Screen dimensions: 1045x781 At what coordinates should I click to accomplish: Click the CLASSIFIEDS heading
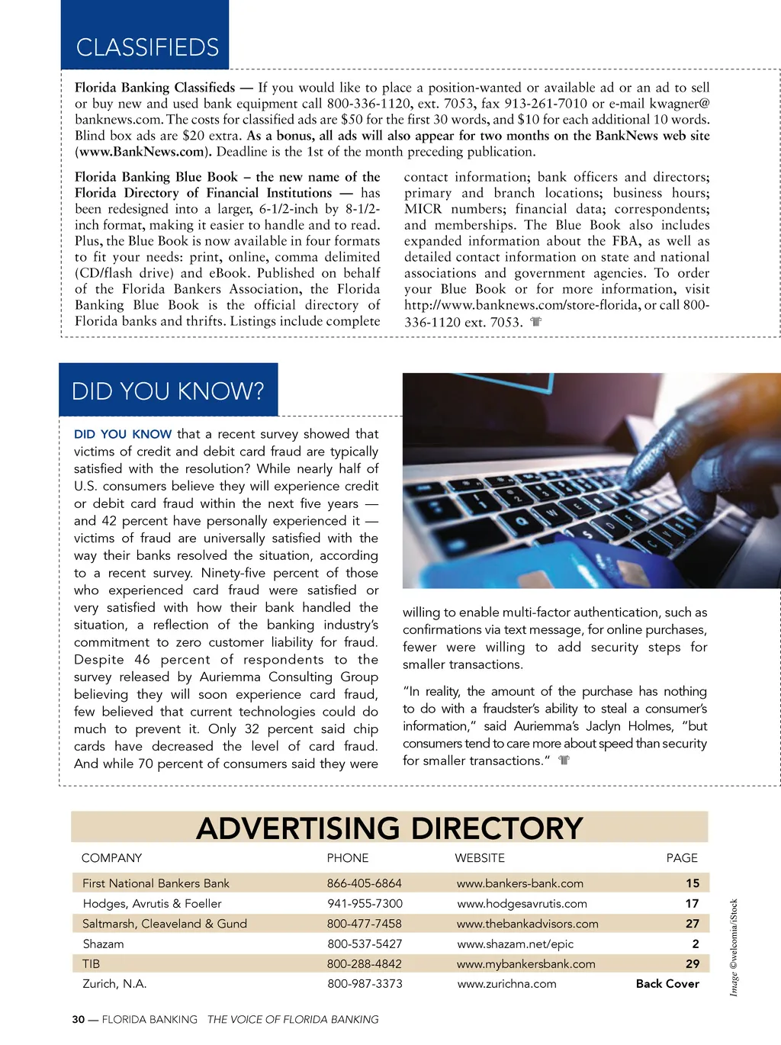[147, 47]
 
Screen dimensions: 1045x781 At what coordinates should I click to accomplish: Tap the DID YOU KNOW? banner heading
[168, 391]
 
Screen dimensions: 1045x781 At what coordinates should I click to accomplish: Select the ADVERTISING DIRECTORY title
[389, 828]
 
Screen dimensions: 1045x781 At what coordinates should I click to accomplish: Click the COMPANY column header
[111, 858]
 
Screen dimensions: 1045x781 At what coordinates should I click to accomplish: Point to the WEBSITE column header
[480, 858]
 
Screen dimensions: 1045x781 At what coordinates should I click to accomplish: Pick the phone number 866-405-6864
[364, 883]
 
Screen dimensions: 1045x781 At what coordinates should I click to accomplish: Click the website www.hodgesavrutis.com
[522, 903]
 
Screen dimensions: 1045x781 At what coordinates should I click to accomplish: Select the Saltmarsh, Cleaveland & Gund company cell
[165, 924]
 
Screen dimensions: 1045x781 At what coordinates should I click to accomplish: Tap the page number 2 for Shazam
[695, 944]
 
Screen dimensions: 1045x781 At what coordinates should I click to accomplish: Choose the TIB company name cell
[92, 964]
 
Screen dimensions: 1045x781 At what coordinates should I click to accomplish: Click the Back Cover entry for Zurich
[667, 984]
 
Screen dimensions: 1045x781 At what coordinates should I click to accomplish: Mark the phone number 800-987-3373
[365, 984]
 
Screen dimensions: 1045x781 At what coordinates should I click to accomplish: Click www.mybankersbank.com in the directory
[525, 964]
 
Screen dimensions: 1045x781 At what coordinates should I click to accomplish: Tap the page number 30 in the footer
[79, 1019]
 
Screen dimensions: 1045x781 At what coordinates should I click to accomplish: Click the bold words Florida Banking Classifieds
[155, 88]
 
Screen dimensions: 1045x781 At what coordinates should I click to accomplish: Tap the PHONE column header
[348, 858]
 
